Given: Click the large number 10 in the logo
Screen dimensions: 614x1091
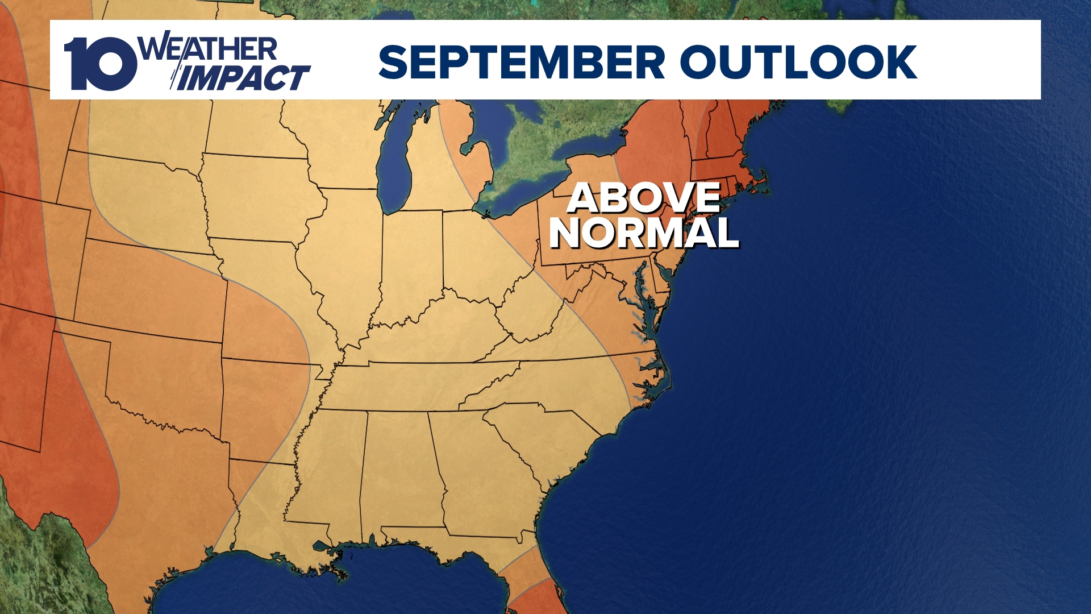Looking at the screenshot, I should (100, 64).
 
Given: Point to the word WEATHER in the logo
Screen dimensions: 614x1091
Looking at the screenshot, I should (208, 49).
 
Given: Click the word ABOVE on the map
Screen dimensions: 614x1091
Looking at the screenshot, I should (644, 198).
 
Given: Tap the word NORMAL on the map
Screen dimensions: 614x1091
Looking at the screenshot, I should (644, 233).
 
